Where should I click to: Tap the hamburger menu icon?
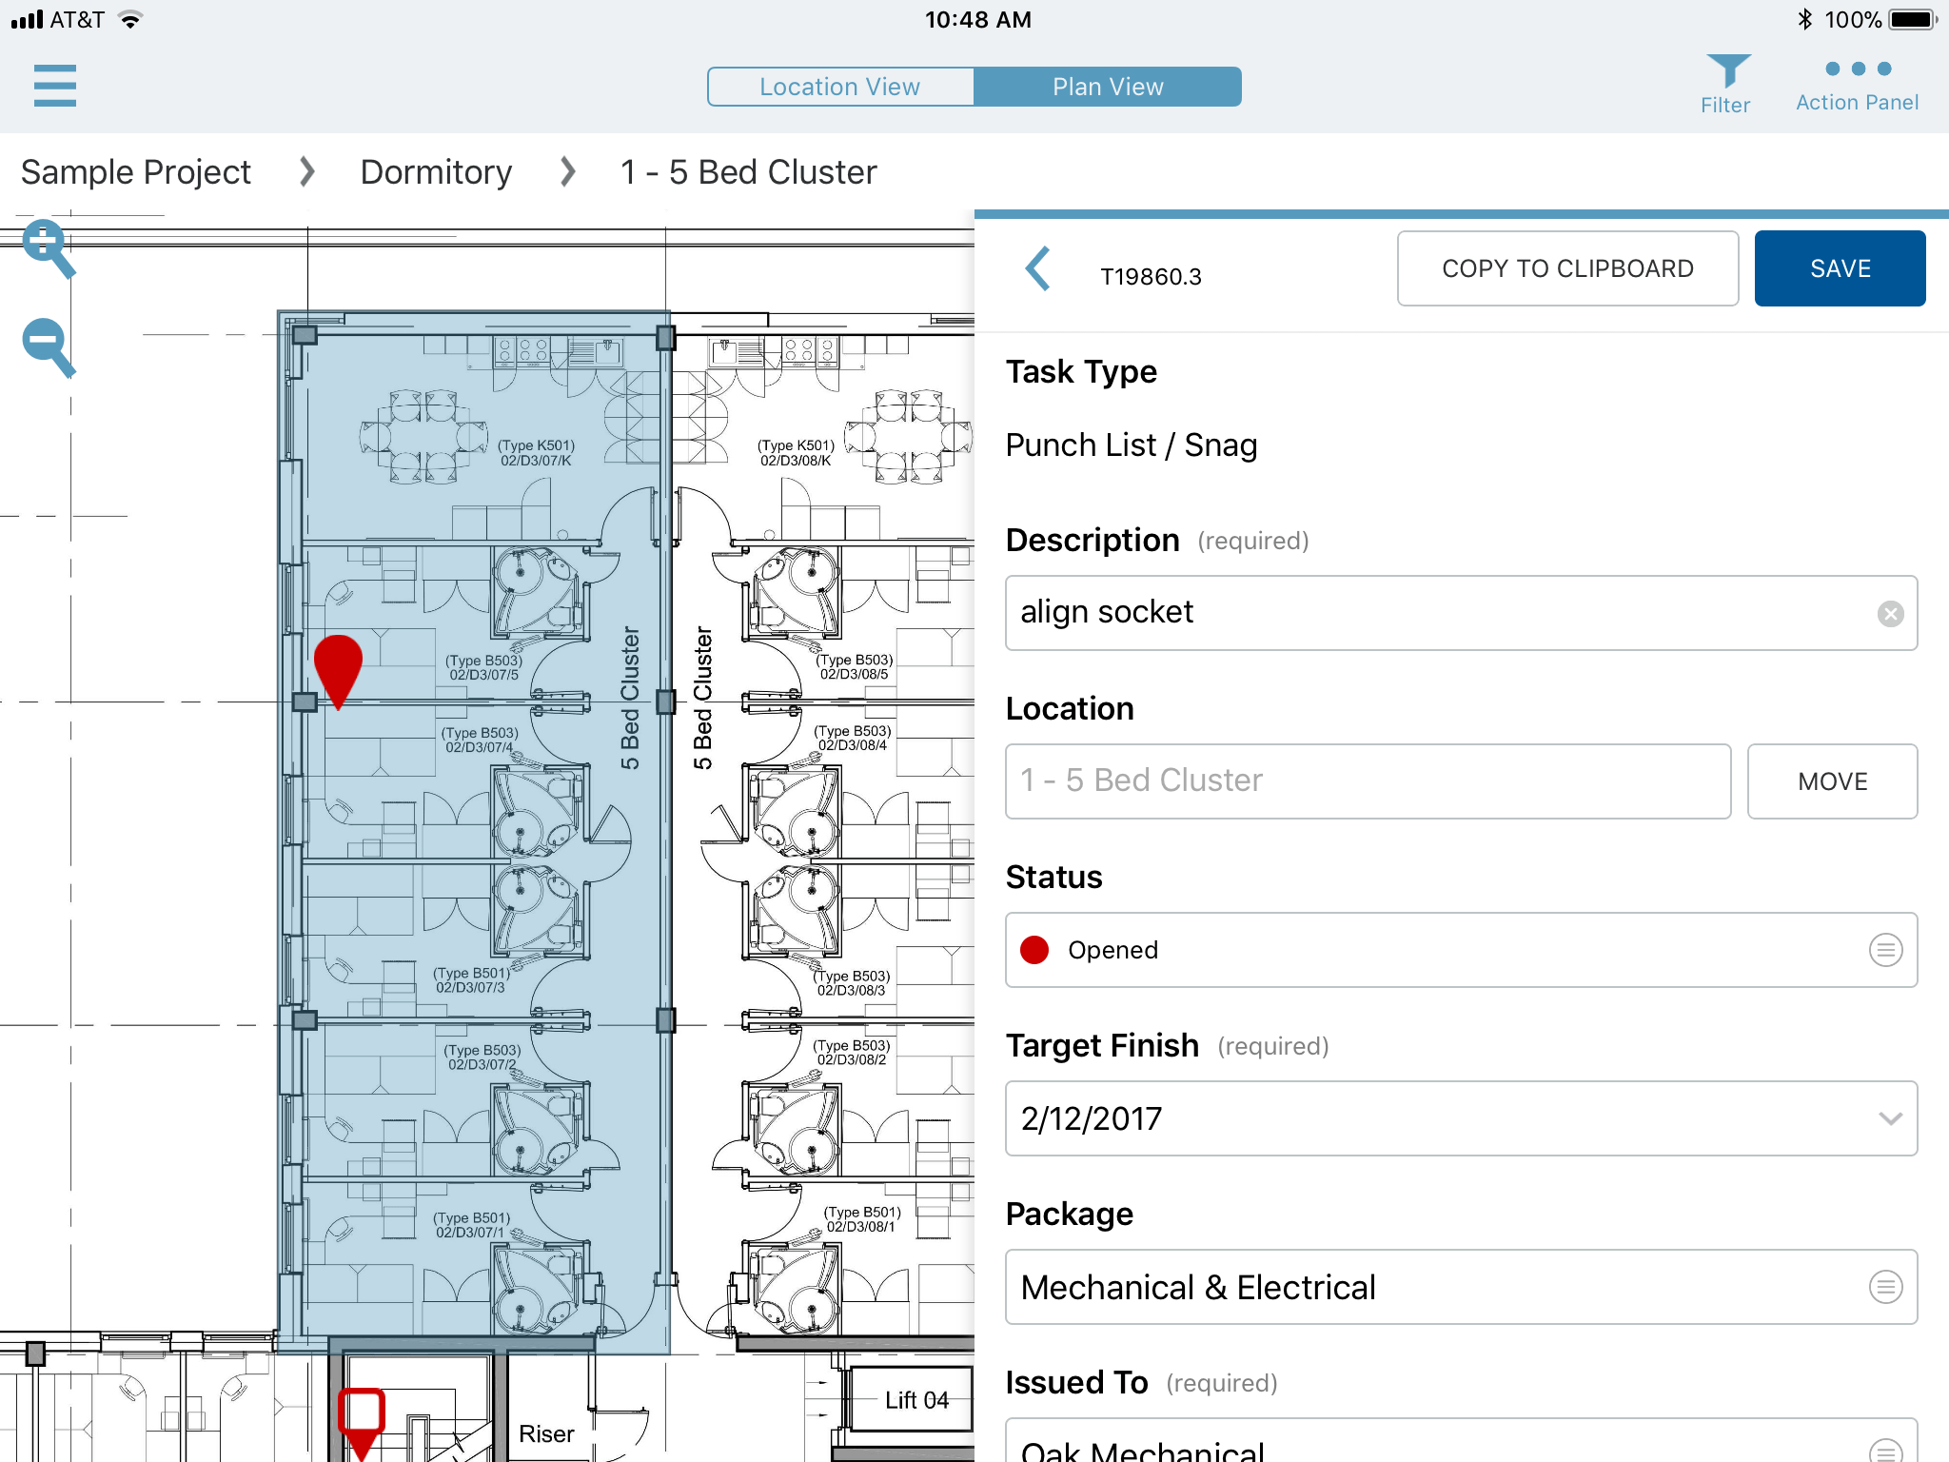coord(54,86)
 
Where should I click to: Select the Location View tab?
coord(840,87)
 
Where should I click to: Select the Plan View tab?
coord(1108,87)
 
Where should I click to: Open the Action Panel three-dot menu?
coord(1858,69)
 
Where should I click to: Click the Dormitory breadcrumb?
coord(436,172)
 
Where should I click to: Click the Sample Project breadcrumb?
coord(136,172)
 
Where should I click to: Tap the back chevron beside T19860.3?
coord(1038,269)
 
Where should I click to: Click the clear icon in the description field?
coord(1890,614)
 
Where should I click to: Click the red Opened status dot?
coord(1034,950)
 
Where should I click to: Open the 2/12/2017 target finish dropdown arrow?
coord(1890,1118)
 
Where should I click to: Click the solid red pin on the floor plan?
coord(338,666)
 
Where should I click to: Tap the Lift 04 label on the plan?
coord(915,1400)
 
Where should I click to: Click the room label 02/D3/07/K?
coord(536,461)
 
